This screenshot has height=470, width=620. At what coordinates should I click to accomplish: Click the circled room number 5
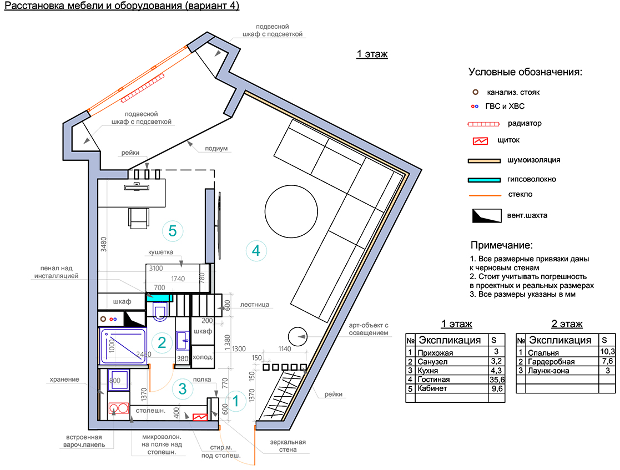point(173,231)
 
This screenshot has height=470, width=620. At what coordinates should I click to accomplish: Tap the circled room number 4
point(256,251)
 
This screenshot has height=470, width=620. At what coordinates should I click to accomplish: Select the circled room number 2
point(162,342)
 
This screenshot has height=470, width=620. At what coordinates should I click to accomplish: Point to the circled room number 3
point(182,388)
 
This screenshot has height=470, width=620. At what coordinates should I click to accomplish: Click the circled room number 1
point(236,401)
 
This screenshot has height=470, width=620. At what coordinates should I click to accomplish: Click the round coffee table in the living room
point(291,211)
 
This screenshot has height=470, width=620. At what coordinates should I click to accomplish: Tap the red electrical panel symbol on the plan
point(200,417)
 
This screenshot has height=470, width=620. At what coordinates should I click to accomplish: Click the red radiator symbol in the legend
point(483,124)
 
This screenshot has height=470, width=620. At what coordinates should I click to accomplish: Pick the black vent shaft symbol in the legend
point(487,216)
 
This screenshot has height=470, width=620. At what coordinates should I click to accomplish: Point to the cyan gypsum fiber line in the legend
point(484,180)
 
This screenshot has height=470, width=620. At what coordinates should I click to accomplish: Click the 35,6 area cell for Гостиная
point(497,380)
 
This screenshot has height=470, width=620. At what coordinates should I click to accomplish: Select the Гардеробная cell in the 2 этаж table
point(551,361)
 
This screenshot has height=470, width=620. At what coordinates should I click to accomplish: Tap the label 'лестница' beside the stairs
point(255,305)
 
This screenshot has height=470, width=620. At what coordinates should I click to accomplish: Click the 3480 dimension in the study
point(104,244)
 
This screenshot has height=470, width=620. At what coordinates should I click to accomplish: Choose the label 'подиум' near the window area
point(216,149)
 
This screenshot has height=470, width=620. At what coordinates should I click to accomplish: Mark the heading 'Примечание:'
point(501,245)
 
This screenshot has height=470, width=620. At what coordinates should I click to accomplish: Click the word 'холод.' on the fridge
point(203,357)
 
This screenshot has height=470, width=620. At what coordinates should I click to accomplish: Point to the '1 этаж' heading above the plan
point(372,54)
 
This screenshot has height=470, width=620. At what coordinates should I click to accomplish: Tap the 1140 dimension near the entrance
point(285,348)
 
